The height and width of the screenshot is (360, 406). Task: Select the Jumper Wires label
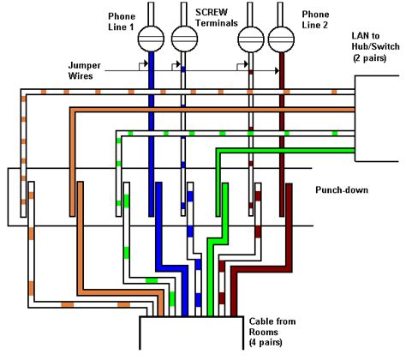(88, 70)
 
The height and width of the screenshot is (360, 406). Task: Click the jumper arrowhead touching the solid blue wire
(146, 64)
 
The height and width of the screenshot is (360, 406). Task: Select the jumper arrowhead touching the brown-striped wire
(247, 64)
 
